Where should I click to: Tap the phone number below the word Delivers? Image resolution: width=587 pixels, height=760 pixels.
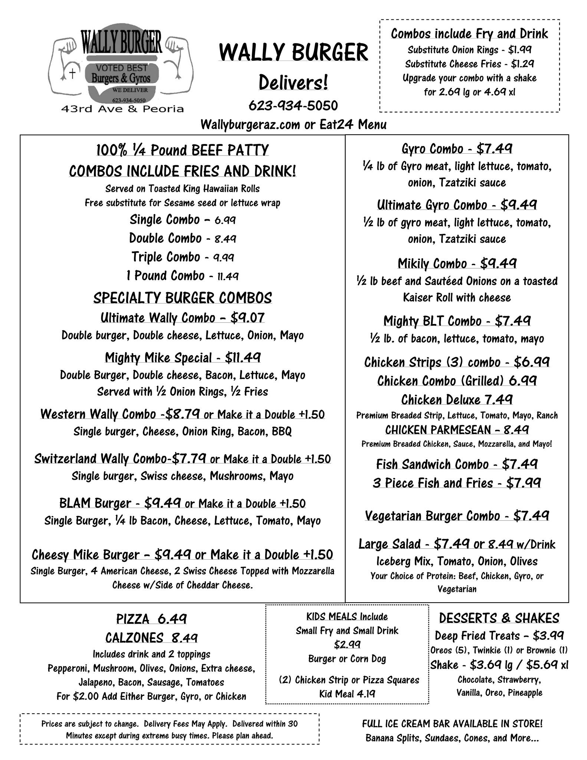point(293,106)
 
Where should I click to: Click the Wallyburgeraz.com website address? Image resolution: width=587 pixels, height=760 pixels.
point(250,125)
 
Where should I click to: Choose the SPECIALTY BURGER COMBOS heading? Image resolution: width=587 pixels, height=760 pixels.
point(183,298)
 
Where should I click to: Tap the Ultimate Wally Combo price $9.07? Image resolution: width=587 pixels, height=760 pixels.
point(247,318)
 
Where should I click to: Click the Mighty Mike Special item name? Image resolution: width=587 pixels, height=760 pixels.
point(158,358)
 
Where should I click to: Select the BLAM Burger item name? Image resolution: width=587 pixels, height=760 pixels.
point(95,503)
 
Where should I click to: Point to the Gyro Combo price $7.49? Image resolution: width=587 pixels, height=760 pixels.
point(494,149)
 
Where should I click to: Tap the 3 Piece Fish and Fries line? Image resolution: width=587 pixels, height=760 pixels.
point(457,483)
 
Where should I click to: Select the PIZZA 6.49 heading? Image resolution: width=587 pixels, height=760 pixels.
point(151,619)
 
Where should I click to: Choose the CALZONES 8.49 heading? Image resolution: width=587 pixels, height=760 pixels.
point(151,638)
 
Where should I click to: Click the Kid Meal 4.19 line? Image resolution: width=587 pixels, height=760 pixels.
point(347,694)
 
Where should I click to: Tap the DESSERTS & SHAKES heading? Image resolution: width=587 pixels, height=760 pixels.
point(499,618)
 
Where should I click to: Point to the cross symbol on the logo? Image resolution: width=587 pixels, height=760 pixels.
point(73,74)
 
